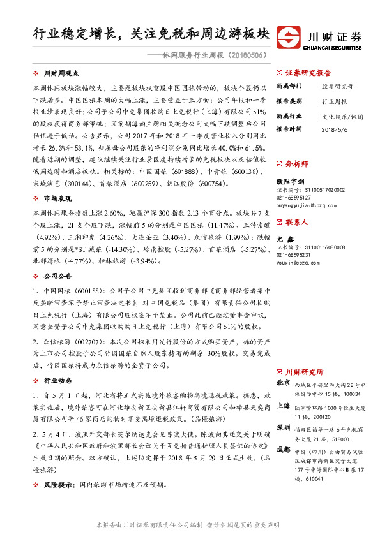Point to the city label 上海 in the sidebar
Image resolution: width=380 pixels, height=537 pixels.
(283, 406)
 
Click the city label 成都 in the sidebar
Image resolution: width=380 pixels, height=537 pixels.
(283, 449)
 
